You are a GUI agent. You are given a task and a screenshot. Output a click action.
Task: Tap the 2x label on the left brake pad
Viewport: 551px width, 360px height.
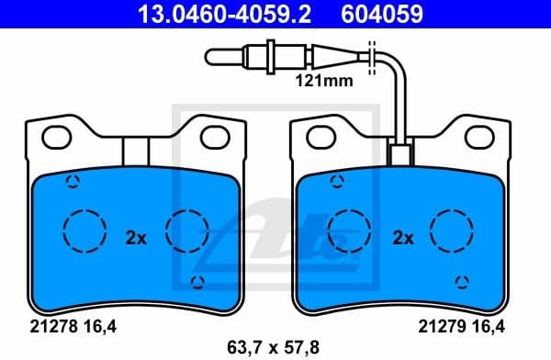point(135,237)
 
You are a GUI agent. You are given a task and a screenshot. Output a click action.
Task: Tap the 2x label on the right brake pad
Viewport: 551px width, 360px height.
point(403,237)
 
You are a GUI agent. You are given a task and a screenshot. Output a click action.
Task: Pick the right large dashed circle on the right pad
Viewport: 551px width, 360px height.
point(452,230)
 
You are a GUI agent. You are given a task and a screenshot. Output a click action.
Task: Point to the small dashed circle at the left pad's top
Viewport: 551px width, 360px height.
point(71,181)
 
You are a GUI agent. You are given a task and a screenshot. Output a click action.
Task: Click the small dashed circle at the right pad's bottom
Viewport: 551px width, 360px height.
point(464,282)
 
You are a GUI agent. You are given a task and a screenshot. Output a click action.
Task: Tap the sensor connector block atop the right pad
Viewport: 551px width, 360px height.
point(399,154)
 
